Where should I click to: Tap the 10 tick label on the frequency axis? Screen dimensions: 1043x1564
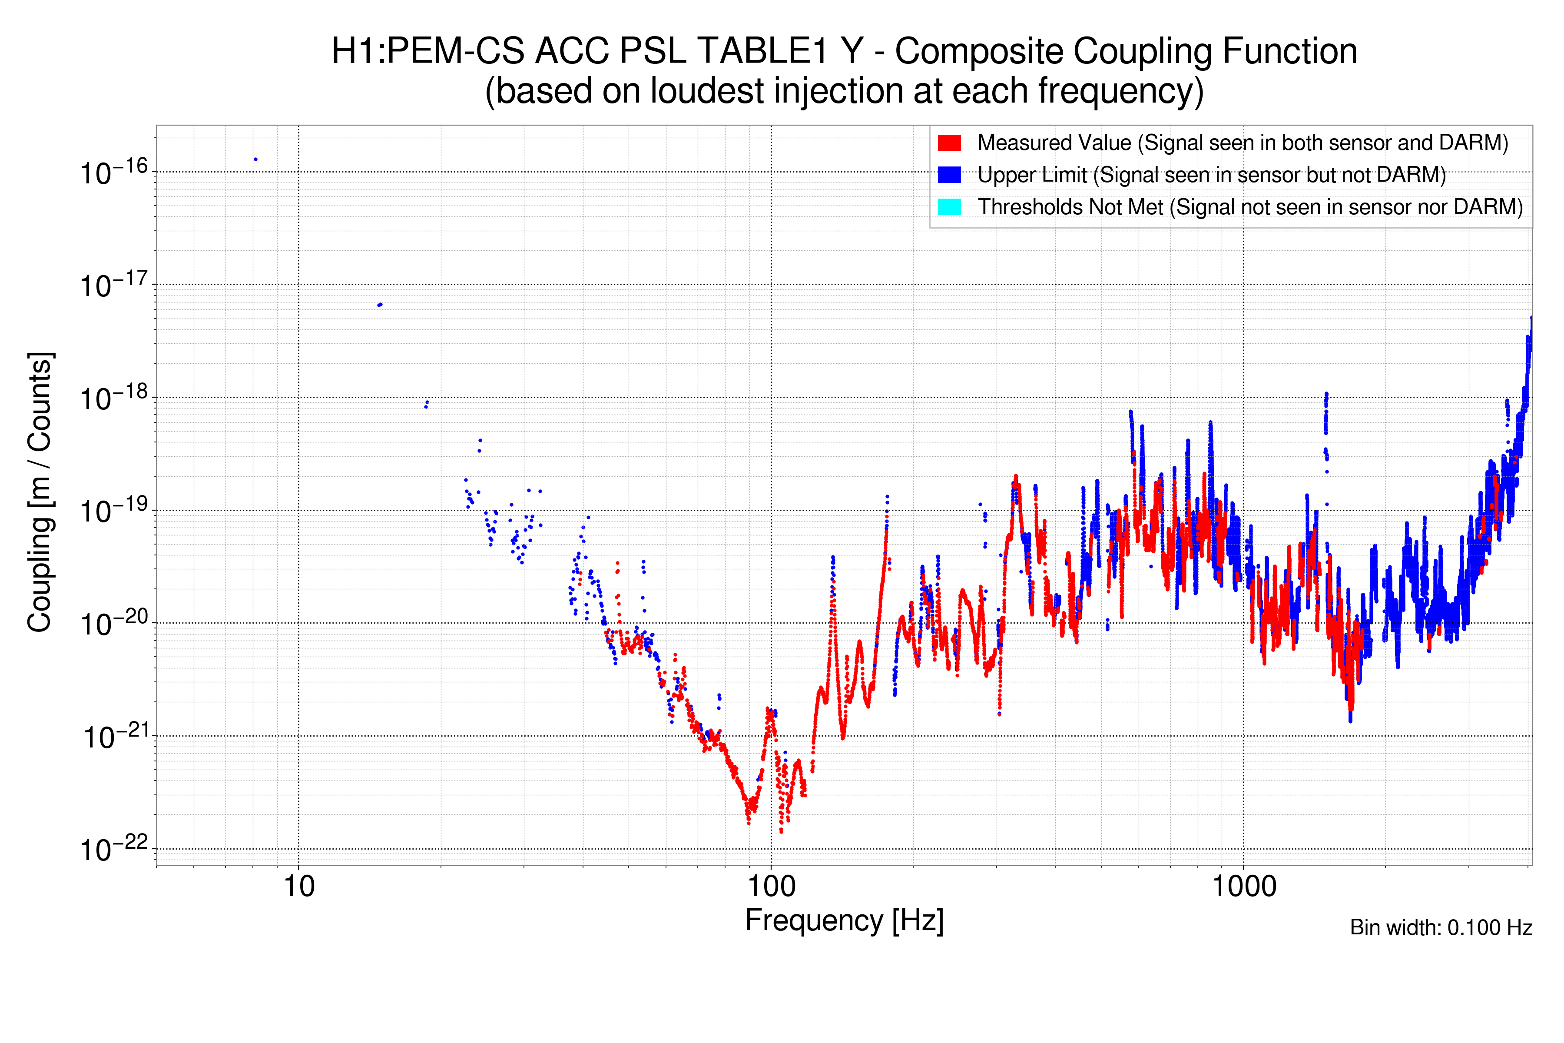pyautogui.click(x=298, y=887)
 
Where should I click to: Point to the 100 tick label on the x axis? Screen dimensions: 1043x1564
pyautogui.click(x=772, y=887)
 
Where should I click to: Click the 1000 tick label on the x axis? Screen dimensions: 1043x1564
pyautogui.click(x=1243, y=887)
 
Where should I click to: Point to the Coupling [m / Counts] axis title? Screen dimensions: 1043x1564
pyautogui.click(x=40, y=492)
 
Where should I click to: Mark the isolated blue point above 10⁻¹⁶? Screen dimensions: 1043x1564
pyautogui.click(x=255, y=159)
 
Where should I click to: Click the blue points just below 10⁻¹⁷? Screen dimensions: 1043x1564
pyautogui.click(x=380, y=305)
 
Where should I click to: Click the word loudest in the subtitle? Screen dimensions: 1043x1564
pyautogui.click(x=705, y=91)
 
